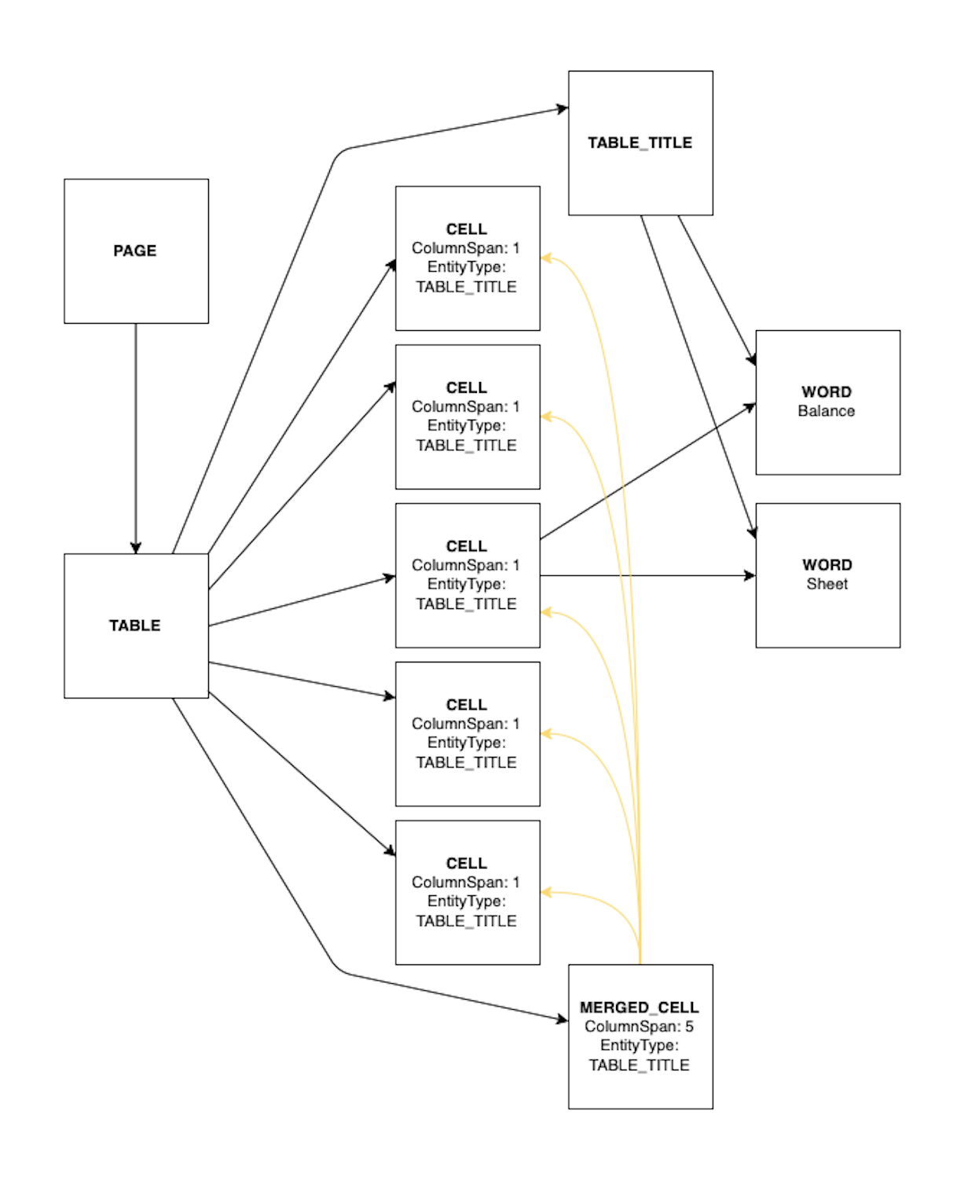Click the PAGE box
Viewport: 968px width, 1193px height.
click(x=136, y=251)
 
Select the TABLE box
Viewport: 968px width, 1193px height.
click(x=136, y=626)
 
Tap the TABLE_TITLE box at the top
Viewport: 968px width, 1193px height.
click(x=640, y=143)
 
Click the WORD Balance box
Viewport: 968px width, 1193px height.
click(x=827, y=402)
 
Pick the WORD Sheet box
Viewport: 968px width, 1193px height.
click(x=827, y=575)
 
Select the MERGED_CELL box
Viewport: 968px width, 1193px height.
click(x=640, y=1037)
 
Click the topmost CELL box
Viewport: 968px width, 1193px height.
click(x=467, y=258)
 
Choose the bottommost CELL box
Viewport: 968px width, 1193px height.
click(x=467, y=892)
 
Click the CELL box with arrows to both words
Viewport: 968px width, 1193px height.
click(x=467, y=575)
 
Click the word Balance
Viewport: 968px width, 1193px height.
click(x=826, y=411)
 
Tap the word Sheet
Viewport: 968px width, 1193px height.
click(x=827, y=584)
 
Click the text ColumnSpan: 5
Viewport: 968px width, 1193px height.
click(x=639, y=1026)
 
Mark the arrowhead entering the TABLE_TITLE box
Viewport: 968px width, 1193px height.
click(x=563, y=108)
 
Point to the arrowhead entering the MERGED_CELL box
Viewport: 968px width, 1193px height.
click(x=563, y=1020)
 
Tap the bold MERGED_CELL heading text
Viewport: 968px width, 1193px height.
click(x=639, y=1008)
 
